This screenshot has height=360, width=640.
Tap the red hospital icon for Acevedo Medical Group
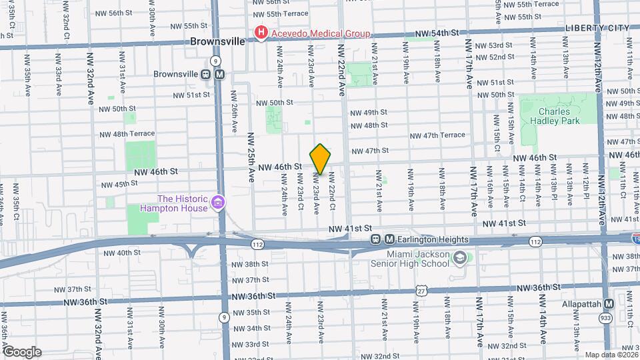[x=261, y=32]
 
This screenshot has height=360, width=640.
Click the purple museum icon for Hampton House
[x=217, y=202]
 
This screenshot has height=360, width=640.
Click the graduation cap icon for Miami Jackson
[x=460, y=257]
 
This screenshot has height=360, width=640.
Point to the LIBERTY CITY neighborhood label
[x=597, y=27]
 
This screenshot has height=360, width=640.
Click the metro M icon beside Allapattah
[x=609, y=303]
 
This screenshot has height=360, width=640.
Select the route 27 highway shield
[x=420, y=291]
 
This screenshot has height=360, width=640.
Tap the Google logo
[x=22, y=351]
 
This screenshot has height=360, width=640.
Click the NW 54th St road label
[x=437, y=33]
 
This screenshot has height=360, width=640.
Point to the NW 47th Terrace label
[x=437, y=135]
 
